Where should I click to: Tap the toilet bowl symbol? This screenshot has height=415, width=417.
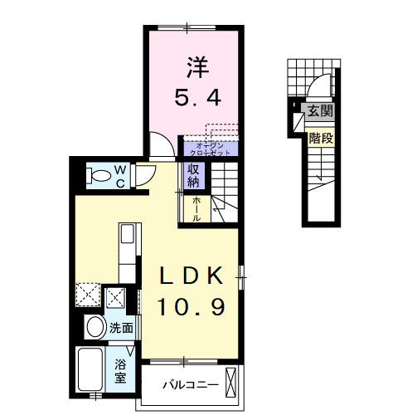coord(99,175)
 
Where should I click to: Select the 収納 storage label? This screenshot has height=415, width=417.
coord(193,176)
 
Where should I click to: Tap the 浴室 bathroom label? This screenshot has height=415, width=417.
coord(121,369)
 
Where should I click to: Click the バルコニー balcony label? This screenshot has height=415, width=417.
coord(190,386)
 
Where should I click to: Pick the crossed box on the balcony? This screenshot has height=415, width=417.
coord(235,385)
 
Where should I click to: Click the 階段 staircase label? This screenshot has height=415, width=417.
coord(320,139)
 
